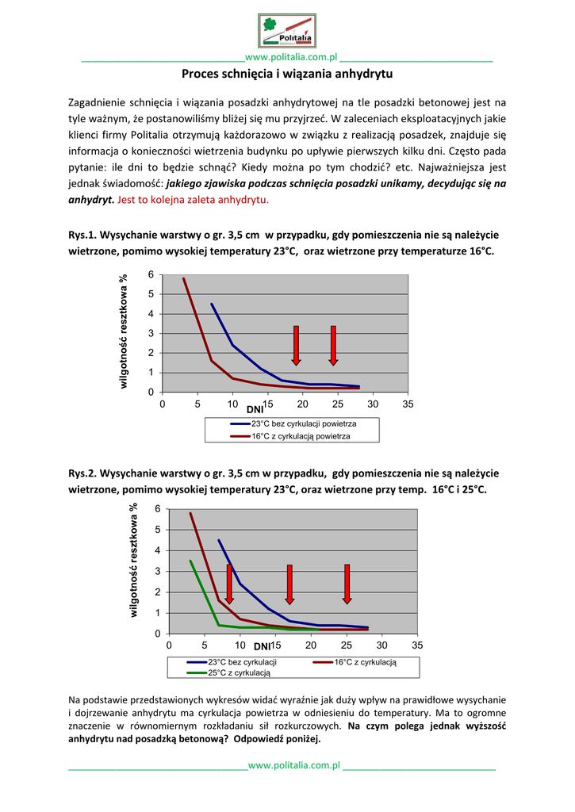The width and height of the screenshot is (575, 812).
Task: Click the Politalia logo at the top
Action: tap(287, 31)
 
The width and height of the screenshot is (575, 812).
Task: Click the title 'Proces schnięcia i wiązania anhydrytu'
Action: tap(287, 75)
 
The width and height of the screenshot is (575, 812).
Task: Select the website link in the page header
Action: tap(292, 57)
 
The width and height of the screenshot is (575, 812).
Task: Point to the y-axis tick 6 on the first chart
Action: tap(151, 274)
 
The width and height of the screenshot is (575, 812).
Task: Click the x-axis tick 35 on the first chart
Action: tap(408, 404)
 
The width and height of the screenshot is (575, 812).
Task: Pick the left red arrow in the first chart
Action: tap(296, 346)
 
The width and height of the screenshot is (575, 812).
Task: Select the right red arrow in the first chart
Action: tap(333, 346)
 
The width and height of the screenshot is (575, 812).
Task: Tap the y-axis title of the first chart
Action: tap(123, 331)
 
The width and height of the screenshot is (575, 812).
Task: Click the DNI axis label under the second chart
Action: tap(263, 648)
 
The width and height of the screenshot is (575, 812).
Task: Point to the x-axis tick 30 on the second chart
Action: tap(381, 645)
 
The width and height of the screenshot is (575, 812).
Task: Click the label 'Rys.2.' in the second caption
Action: tap(82, 473)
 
